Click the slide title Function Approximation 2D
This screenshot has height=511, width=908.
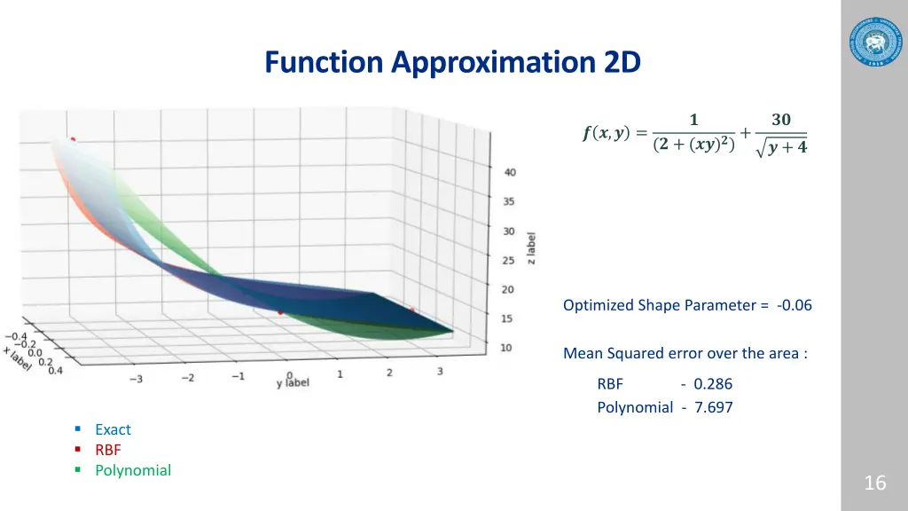(x=452, y=63)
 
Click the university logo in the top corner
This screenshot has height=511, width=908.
(x=874, y=41)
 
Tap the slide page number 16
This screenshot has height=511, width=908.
(x=874, y=483)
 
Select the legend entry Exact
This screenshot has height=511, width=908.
(x=113, y=429)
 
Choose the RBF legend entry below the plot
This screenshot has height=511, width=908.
(x=108, y=450)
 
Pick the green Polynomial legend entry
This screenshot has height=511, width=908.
(x=133, y=470)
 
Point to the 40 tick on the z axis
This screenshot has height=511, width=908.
(x=509, y=172)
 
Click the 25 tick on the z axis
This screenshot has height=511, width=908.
(x=508, y=261)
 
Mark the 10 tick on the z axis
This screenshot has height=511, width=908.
(x=505, y=348)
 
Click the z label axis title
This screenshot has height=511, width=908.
(x=531, y=248)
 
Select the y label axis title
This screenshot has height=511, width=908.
(x=293, y=382)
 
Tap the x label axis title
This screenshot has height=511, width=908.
(x=17, y=358)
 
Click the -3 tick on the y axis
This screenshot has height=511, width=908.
(x=136, y=379)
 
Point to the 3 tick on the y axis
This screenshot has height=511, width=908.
(x=440, y=372)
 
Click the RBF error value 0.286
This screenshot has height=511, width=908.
(x=712, y=384)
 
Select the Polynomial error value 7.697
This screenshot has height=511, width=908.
(x=714, y=407)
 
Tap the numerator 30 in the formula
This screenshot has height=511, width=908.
(x=781, y=120)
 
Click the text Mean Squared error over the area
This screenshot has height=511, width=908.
(x=685, y=353)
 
